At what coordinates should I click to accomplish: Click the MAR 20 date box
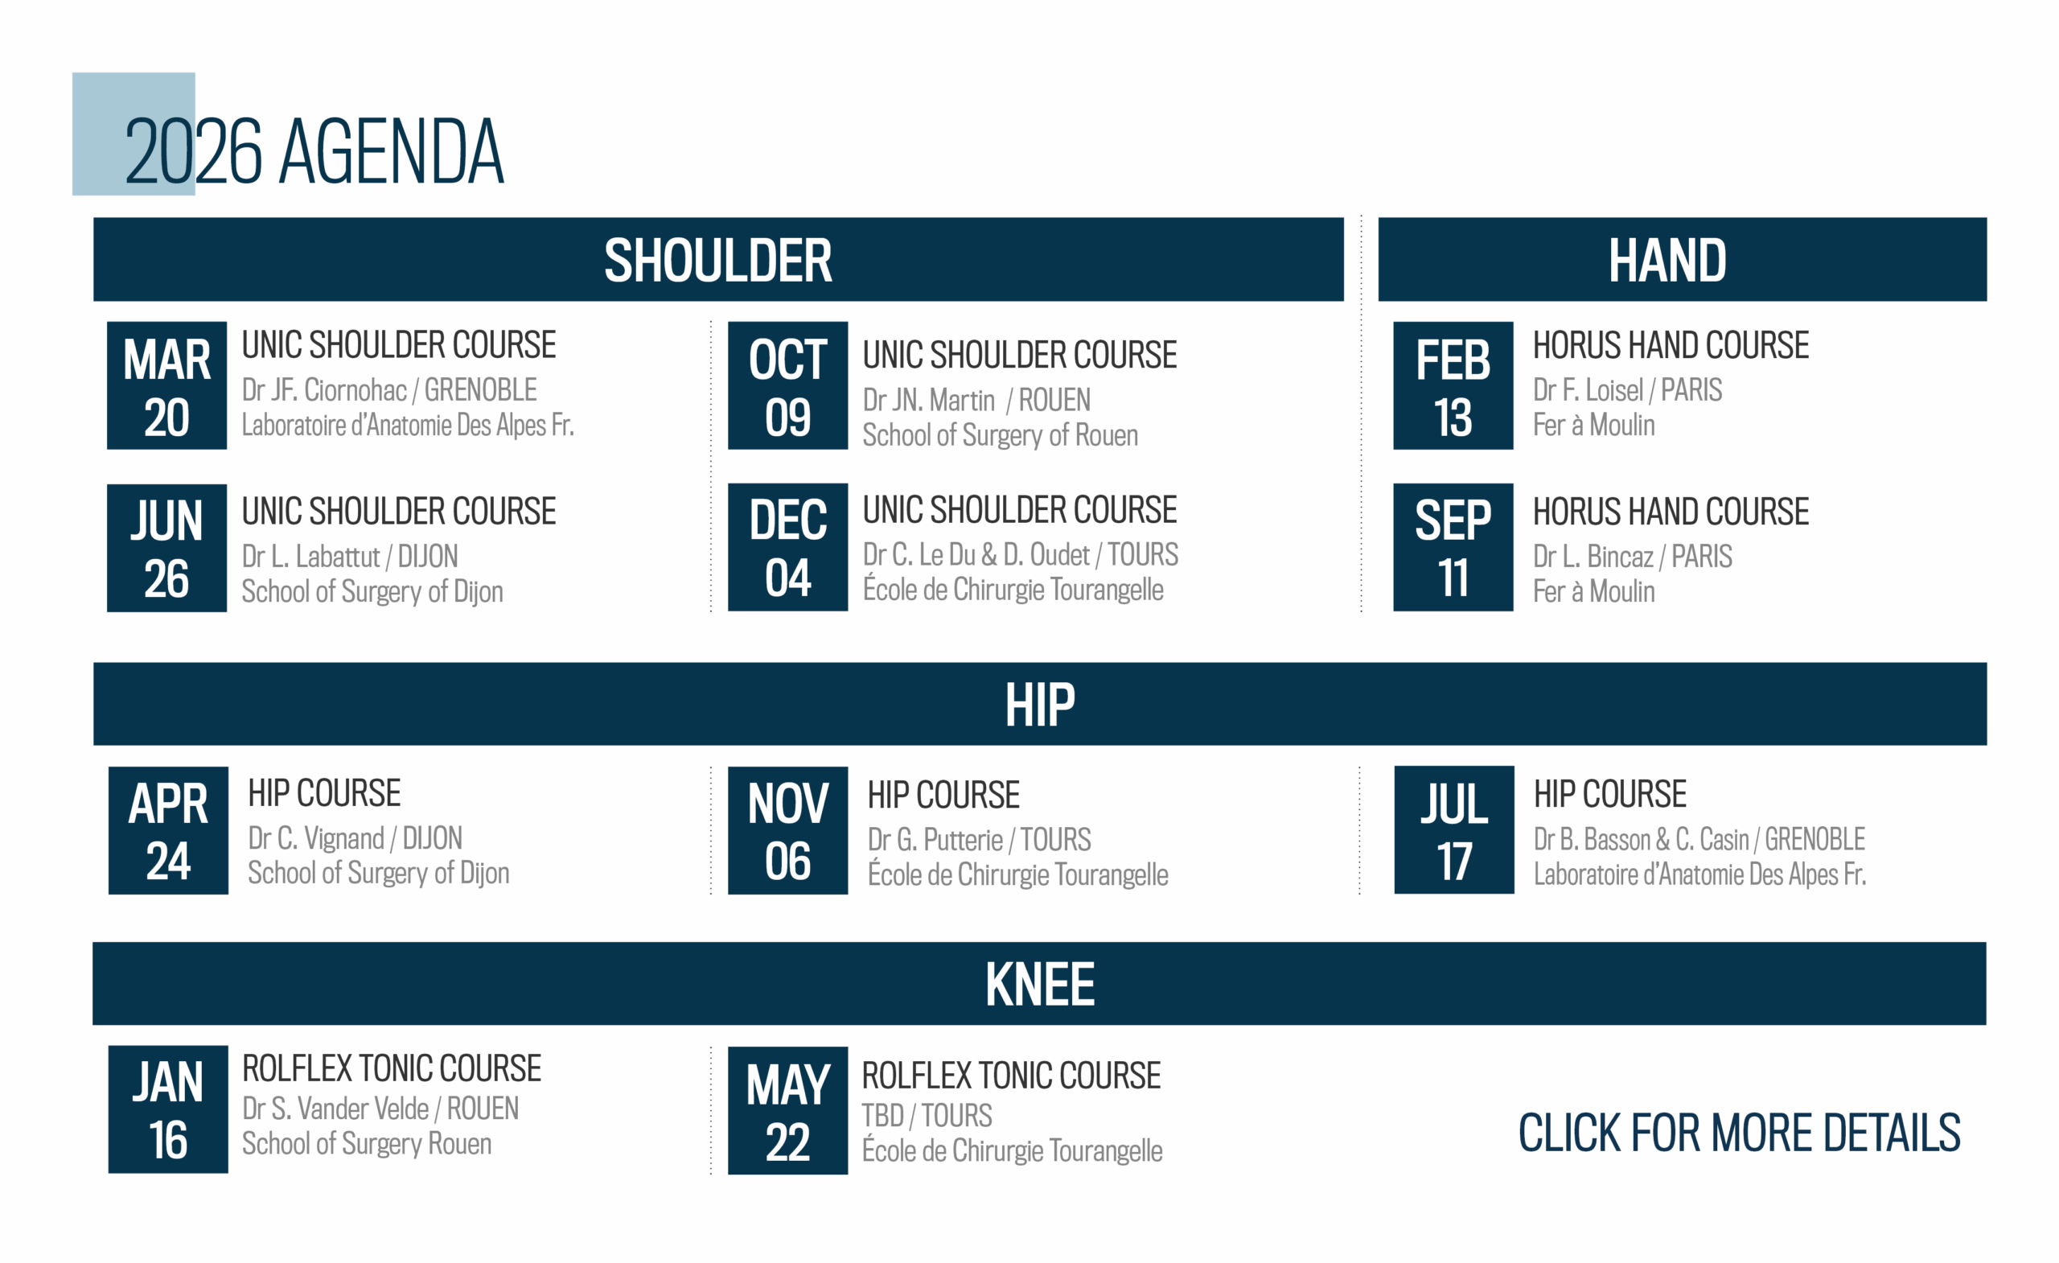(x=166, y=385)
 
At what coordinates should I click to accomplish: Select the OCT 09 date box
(x=787, y=385)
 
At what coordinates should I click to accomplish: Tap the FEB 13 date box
(x=1453, y=385)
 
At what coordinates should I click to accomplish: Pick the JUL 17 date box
(x=1453, y=830)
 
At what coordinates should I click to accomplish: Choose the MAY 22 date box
(x=787, y=1110)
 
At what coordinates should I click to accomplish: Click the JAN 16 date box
(x=168, y=1109)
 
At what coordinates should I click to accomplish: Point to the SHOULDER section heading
(x=717, y=260)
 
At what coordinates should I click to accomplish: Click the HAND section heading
(x=1667, y=260)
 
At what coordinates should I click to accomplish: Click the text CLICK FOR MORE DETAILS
(x=1739, y=1133)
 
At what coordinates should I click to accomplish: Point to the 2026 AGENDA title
(x=314, y=151)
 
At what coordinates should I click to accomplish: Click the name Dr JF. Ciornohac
(x=324, y=390)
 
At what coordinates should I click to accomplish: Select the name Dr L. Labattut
(x=310, y=557)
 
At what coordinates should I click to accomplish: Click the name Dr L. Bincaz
(x=1593, y=557)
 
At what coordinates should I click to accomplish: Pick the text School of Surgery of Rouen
(x=1001, y=435)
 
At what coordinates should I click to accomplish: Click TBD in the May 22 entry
(x=882, y=1116)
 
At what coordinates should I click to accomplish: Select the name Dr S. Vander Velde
(x=335, y=1109)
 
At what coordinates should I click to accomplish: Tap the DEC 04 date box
(x=787, y=548)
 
